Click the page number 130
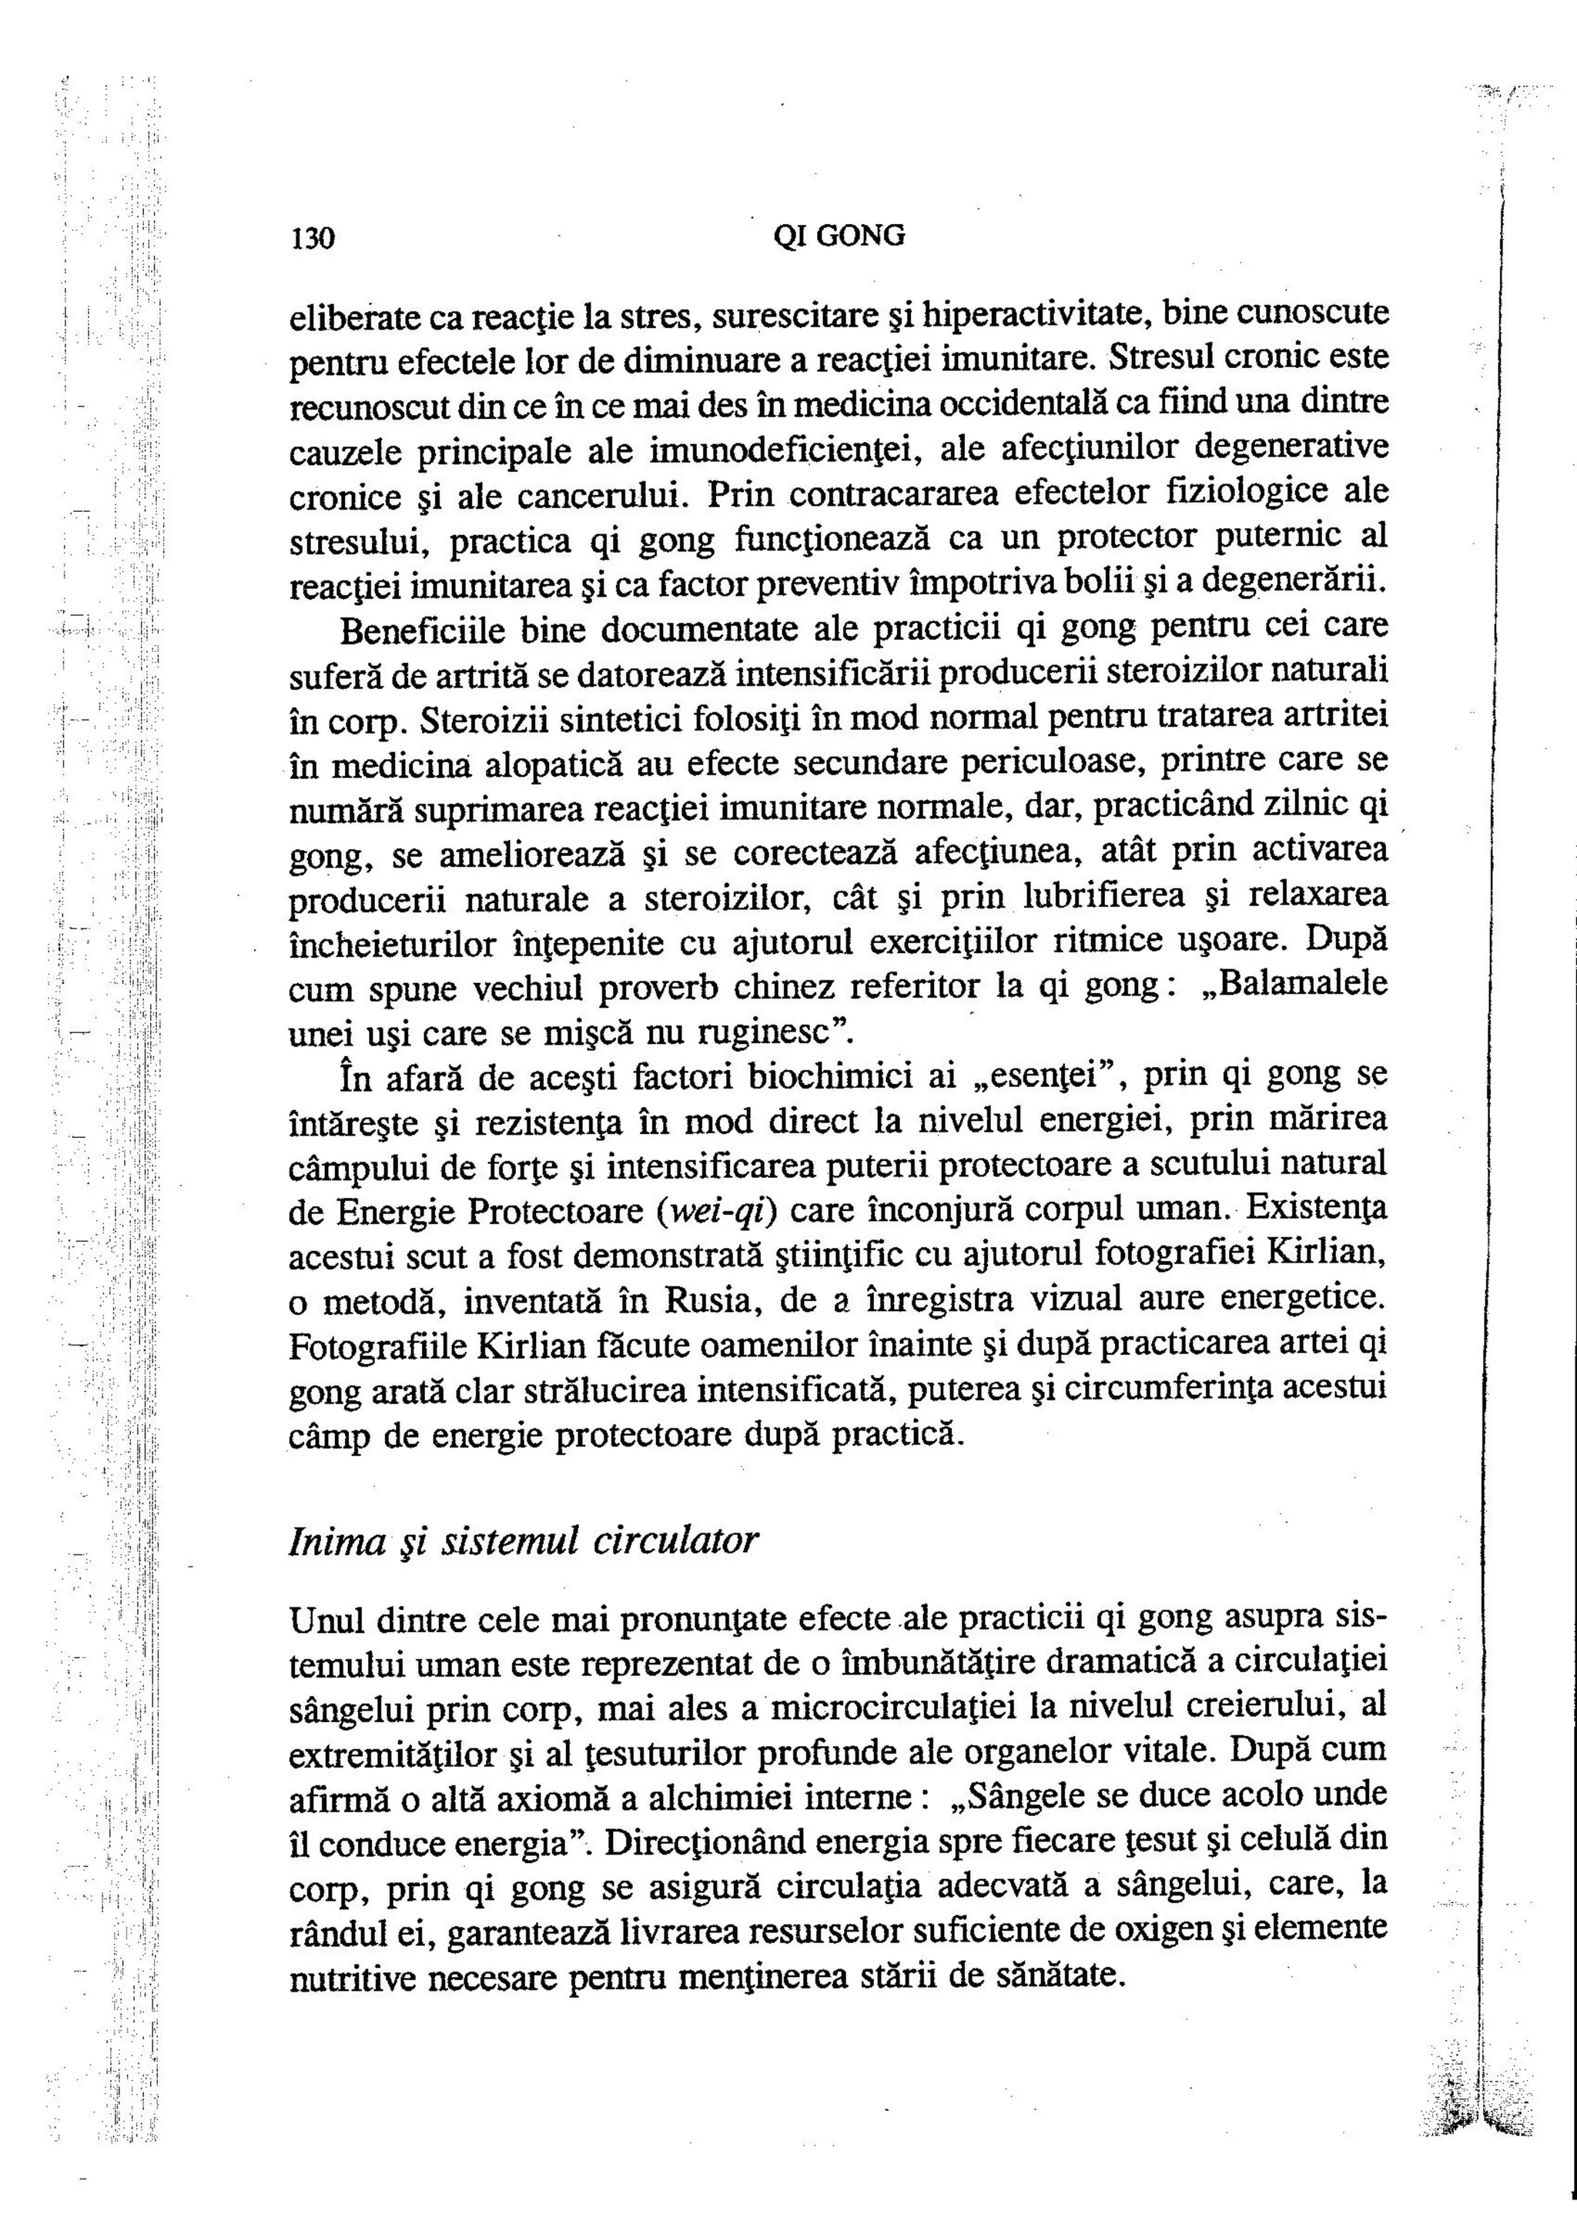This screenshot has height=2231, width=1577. click(x=312, y=238)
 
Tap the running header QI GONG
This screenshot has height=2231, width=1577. click(x=838, y=236)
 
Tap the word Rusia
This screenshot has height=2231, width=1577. click(x=714, y=1300)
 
